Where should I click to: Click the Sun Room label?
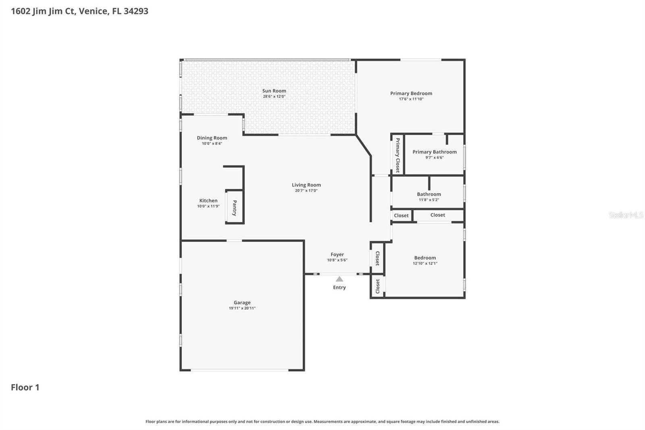[x=274, y=91]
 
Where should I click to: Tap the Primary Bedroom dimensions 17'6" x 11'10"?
[x=411, y=99]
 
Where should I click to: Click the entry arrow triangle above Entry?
[x=339, y=279]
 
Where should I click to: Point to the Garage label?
[x=242, y=303]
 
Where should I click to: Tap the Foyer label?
[x=337, y=255]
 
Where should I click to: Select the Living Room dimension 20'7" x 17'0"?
[x=306, y=190]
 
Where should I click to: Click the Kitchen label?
[x=208, y=200]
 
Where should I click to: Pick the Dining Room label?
[x=212, y=138]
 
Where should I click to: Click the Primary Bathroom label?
[x=434, y=152]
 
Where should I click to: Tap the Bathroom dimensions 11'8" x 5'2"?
[x=429, y=200]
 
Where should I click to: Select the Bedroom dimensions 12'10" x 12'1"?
[x=425, y=263]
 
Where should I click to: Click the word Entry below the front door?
[x=339, y=287]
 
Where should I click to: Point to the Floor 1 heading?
[x=25, y=387]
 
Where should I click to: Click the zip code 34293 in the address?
[x=136, y=11]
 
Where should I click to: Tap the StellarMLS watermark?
[x=626, y=215]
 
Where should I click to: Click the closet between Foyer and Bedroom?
[x=377, y=258]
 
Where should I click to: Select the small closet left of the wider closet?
[x=401, y=215]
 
